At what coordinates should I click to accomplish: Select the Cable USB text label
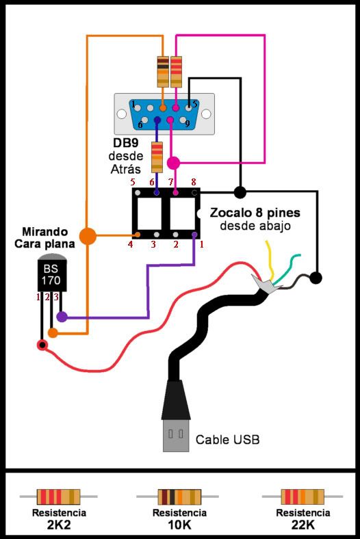tap(227, 439)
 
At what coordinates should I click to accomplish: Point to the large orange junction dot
tap(87, 236)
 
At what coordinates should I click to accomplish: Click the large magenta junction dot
tap(174, 163)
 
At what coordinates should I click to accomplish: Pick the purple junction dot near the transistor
tap(62, 317)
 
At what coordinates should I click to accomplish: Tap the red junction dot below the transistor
tap(42, 345)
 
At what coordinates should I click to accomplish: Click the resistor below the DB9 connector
tap(157, 157)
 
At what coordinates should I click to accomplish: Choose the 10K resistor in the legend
tap(179, 496)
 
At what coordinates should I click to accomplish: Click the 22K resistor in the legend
tap(302, 496)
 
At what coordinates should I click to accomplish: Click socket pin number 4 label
tap(130, 244)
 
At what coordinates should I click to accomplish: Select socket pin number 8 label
tap(194, 182)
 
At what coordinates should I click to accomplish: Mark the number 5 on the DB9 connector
tap(194, 104)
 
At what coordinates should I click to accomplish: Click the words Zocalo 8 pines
tap(255, 213)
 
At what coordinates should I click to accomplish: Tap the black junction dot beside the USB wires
tap(316, 278)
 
